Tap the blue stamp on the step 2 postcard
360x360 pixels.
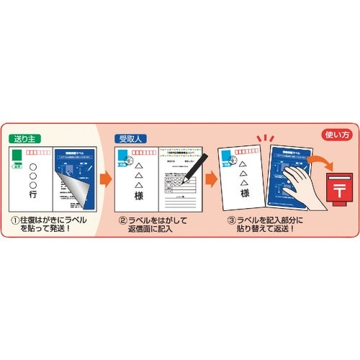tap(121, 158)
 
